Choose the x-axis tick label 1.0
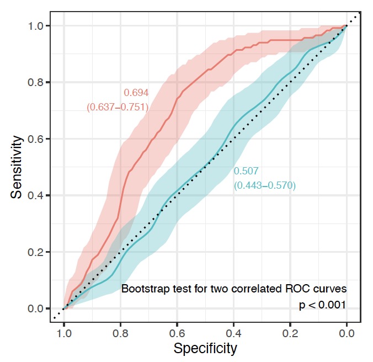click(x=64, y=333)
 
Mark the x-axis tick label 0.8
click(x=120, y=333)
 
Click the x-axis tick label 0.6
click(x=177, y=333)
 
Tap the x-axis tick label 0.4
click(x=233, y=333)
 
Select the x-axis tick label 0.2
click(x=290, y=333)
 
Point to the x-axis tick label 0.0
click(x=347, y=333)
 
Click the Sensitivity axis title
click(x=19, y=167)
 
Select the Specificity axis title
click(x=205, y=349)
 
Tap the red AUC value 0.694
click(x=135, y=93)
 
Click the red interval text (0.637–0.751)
click(x=118, y=107)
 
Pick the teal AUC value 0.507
click(x=246, y=172)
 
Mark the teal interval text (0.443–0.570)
click(x=265, y=186)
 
